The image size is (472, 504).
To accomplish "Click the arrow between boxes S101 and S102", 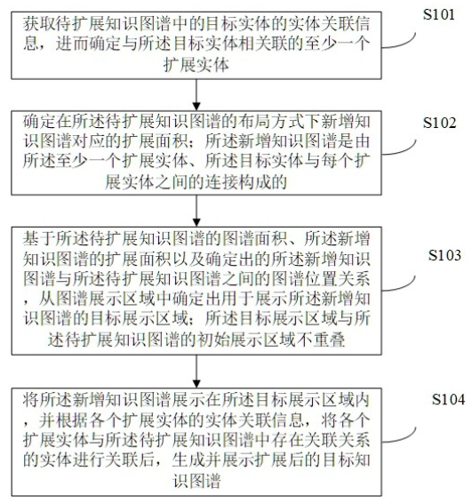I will (x=196, y=93).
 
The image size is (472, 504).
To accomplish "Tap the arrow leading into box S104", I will (x=196, y=371).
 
